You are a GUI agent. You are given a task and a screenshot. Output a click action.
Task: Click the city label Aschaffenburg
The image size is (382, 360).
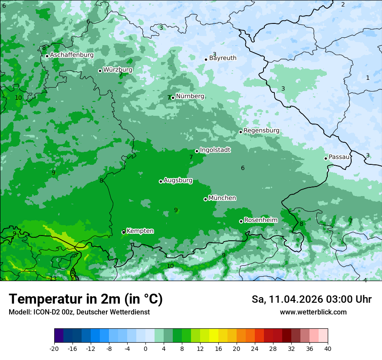72,55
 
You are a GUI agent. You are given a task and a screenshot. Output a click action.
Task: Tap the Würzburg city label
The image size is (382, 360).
118,70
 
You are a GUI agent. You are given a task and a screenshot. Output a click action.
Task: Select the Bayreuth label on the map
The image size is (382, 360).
223,58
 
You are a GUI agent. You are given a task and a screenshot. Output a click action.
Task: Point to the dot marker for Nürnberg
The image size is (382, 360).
173,98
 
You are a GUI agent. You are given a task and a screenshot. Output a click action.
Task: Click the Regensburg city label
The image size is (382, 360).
261,131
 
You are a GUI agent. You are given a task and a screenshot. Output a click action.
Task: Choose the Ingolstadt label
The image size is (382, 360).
215,150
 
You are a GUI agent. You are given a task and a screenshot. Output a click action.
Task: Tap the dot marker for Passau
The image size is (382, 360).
326,158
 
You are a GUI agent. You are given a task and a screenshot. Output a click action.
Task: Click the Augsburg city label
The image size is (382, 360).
178,180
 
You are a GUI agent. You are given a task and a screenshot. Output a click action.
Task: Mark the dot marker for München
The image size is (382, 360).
205,199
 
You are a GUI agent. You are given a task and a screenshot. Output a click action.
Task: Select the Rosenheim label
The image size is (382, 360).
260,220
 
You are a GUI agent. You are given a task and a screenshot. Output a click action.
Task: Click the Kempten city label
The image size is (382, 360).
140,231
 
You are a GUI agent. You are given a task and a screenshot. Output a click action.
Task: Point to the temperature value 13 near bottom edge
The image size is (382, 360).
53,278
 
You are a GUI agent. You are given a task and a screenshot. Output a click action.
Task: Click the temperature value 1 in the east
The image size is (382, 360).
368,78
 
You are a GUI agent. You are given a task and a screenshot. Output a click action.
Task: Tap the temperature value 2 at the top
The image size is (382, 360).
342,4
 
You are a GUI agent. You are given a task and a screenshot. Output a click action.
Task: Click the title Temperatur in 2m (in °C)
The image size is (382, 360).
86,299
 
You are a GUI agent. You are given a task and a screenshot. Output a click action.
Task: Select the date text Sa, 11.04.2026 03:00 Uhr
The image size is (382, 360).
311,299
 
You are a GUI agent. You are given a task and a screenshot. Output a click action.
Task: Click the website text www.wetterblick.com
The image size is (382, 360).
313,312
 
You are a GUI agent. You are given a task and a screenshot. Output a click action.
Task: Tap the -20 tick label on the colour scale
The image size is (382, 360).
54,349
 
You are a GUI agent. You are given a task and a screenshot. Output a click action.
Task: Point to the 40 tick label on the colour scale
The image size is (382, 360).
328,349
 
